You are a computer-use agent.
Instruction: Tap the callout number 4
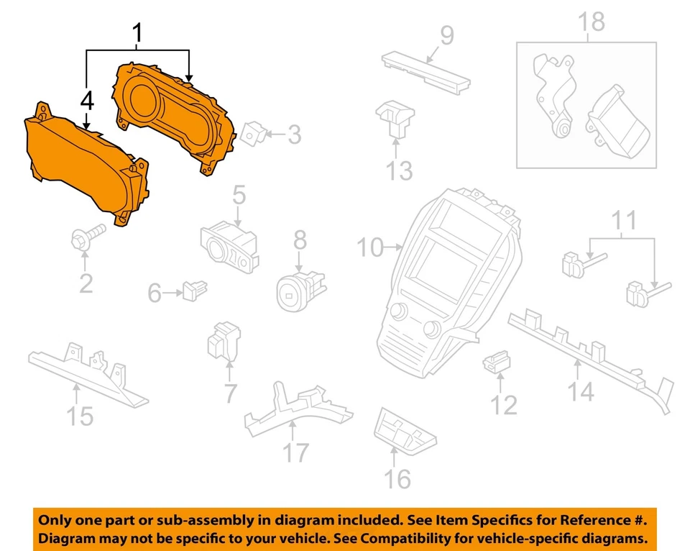point(87,101)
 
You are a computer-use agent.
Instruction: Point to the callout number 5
point(238,194)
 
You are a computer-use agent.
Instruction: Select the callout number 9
point(446,35)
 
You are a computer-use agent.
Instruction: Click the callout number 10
point(372,248)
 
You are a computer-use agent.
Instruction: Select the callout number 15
point(80,415)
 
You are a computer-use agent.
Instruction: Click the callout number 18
point(593,23)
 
